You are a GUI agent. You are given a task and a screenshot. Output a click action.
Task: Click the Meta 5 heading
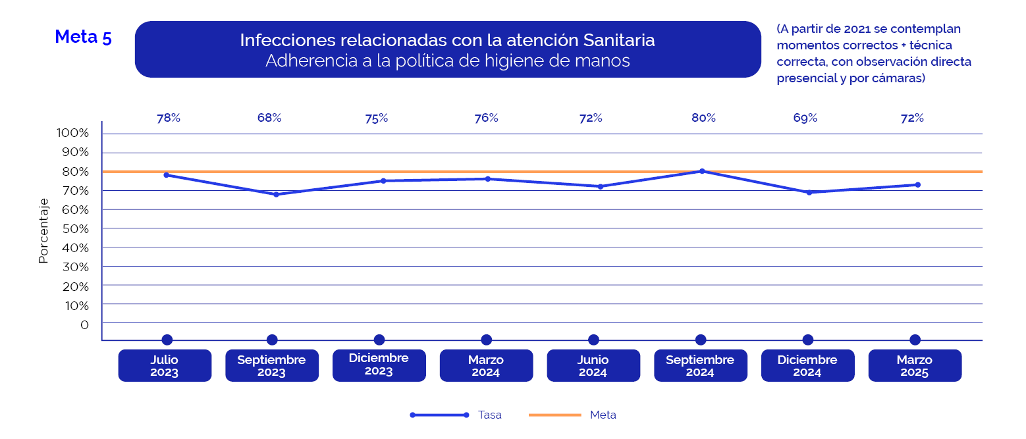point(83,37)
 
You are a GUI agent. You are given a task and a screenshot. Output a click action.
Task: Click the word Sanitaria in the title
point(619,40)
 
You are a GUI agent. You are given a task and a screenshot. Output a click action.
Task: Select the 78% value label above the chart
point(169,118)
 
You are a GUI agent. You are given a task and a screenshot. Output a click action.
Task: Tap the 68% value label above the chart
point(269,118)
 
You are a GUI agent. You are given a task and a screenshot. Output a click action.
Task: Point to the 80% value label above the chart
point(703,118)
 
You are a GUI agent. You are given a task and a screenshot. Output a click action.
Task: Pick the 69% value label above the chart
point(805,118)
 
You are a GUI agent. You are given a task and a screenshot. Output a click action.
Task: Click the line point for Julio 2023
point(167,175)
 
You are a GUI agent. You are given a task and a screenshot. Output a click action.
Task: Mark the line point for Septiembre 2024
point(702,171)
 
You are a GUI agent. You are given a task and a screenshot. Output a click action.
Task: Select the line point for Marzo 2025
point(918,185)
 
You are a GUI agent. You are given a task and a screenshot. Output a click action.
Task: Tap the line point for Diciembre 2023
point(383,181)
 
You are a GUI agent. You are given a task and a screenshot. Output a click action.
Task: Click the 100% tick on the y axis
point(73,133)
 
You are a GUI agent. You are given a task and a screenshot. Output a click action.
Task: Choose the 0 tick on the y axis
point(84,325)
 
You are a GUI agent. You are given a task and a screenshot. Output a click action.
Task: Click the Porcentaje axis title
point(43,230)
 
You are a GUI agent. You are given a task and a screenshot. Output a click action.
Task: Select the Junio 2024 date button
point(593,365)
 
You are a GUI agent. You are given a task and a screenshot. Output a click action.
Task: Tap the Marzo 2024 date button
point(486,365)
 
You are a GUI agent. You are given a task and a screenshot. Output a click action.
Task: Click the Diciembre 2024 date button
point(807,365)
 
